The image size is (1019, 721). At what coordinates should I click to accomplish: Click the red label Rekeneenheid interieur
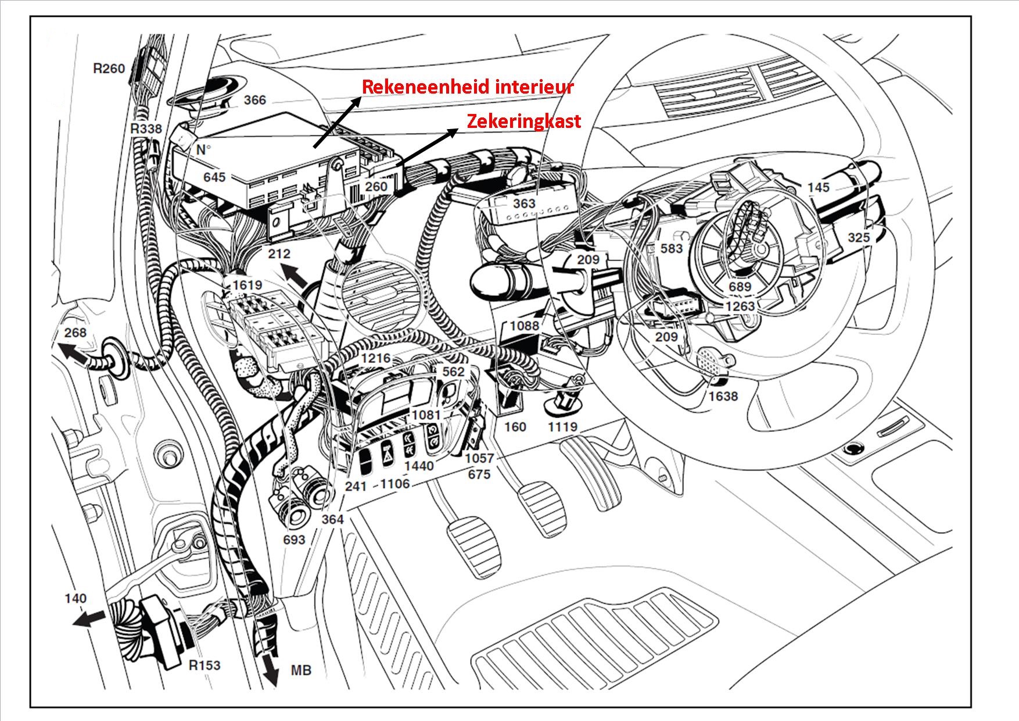468,87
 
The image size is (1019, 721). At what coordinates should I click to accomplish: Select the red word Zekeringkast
524,121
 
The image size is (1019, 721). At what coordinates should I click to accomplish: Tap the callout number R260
109,69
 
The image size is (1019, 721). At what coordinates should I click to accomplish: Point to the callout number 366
254,100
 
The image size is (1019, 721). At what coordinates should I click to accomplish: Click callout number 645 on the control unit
214,176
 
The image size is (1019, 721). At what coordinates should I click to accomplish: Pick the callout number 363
524,204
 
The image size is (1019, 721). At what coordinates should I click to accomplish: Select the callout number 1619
247,285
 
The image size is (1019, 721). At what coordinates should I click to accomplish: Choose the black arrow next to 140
88,618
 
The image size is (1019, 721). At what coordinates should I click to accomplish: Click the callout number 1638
723,396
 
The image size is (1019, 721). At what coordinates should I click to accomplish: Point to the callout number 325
859,237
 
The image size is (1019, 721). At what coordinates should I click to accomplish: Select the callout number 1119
562,427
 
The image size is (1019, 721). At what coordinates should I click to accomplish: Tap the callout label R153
204,665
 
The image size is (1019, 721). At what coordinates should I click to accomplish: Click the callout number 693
294,540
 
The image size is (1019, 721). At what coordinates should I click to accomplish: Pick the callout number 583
672,248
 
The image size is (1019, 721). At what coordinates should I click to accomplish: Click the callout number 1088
525,326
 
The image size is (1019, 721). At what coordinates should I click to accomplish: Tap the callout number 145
818,187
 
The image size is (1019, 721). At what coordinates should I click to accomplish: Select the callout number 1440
419,466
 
